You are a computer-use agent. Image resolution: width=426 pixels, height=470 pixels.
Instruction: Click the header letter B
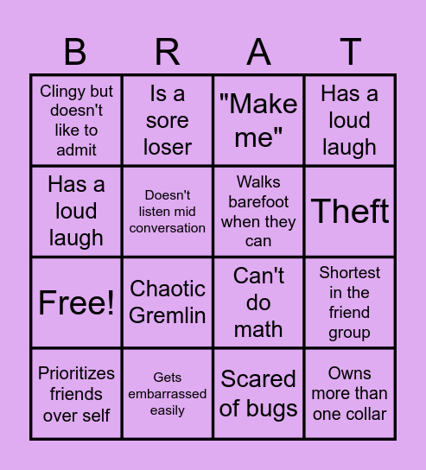tap(76, 53)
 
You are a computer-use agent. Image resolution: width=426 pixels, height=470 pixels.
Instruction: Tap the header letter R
tap(167, 53)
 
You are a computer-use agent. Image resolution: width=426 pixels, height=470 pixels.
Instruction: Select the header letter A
tap(258, 53)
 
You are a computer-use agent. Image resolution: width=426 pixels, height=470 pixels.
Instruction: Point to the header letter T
tap(350, 53)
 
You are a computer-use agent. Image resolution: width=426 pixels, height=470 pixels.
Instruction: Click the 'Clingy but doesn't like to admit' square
tap(76, 120)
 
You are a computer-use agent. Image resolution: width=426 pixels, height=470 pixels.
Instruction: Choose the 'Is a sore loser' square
tap(168, 120)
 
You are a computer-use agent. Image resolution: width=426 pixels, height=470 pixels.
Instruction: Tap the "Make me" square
tap(258, 120)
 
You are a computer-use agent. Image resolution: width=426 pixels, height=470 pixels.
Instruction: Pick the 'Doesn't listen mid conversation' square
tap(168, 212)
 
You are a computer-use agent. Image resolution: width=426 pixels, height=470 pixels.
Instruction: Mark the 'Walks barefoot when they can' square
tap(258, 212)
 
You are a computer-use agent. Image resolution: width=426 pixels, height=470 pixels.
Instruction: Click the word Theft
tap(350, 212)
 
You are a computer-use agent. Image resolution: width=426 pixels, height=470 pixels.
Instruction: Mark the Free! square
tap(76, 302)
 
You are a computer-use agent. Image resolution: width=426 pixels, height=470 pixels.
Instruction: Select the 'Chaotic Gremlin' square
tap(168, 302)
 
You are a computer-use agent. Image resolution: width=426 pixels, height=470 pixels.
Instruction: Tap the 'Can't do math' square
tap(258, 302)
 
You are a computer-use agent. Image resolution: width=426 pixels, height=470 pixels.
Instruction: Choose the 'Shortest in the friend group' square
tap(350, 302)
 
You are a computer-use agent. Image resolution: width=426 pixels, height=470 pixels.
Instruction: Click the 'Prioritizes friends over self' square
tap(76, 394)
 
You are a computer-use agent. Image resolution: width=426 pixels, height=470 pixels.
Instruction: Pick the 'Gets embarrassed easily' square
tap(168, 394)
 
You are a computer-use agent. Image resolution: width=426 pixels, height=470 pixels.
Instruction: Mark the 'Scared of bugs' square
tap(258, 394)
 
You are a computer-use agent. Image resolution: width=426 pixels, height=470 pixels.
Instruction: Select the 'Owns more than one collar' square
tap(350, 394)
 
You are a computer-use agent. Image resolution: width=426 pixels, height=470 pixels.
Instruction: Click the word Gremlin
tap(168, 315)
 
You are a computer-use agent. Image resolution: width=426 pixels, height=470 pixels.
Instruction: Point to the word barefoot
tap(258, 201)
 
